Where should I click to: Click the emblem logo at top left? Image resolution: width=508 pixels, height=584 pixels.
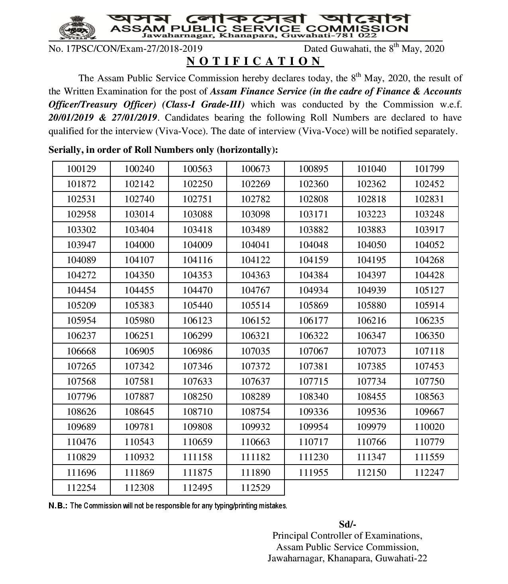(x=78, y=28)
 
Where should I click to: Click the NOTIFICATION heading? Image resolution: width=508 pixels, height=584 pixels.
(x=255, y=61)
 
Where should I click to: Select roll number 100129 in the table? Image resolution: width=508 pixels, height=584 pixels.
(x=81, y=169)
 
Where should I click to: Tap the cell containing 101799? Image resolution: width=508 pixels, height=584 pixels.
(x=429, y=169)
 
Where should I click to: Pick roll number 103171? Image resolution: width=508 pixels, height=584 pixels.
(x=313, y=214)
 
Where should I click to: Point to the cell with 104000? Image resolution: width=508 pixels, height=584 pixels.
(x=139, y=245)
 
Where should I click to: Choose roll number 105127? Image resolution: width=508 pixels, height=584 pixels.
(x=429, y=290)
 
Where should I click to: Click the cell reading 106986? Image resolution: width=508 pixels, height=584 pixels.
(x=197, y=351)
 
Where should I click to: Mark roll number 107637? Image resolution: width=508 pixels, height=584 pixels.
(x=255, y=381)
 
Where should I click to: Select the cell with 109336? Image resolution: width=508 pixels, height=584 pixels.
(x=313, y=412)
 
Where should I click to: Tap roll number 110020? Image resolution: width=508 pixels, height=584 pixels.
(x=429, y=427)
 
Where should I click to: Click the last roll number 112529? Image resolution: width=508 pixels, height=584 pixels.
(x=255, y=488)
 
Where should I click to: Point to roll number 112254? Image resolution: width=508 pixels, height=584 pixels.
(x=81, y=488)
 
